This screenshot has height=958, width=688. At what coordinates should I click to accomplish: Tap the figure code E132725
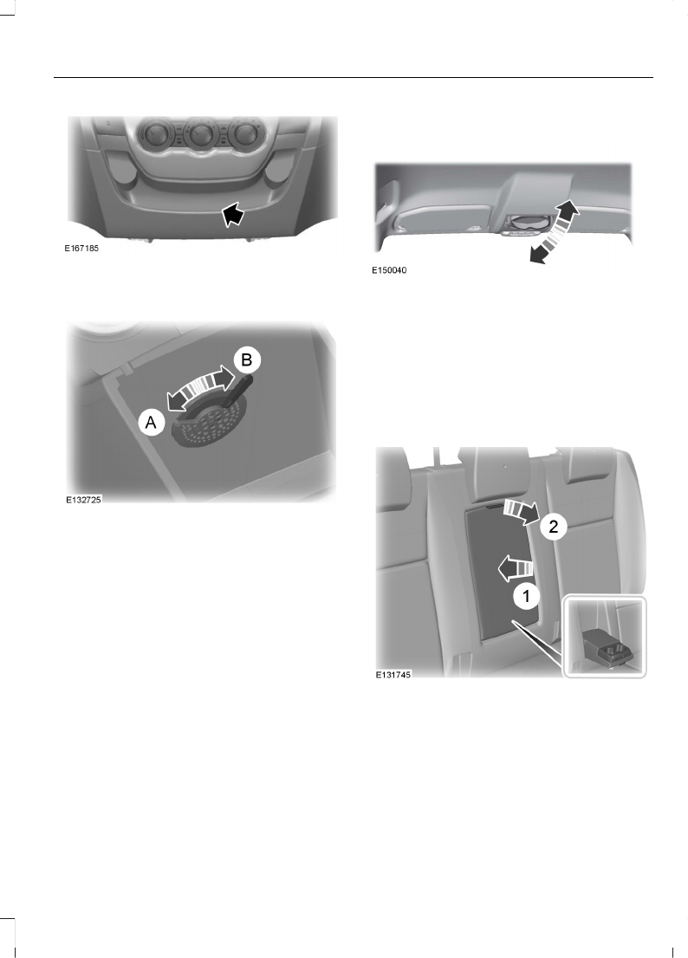pos(84,501)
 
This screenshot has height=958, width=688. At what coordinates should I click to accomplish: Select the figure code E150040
pos(389,270)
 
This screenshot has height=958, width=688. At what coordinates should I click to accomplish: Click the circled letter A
pos(151,424)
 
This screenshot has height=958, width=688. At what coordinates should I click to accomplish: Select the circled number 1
pos(522,596)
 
